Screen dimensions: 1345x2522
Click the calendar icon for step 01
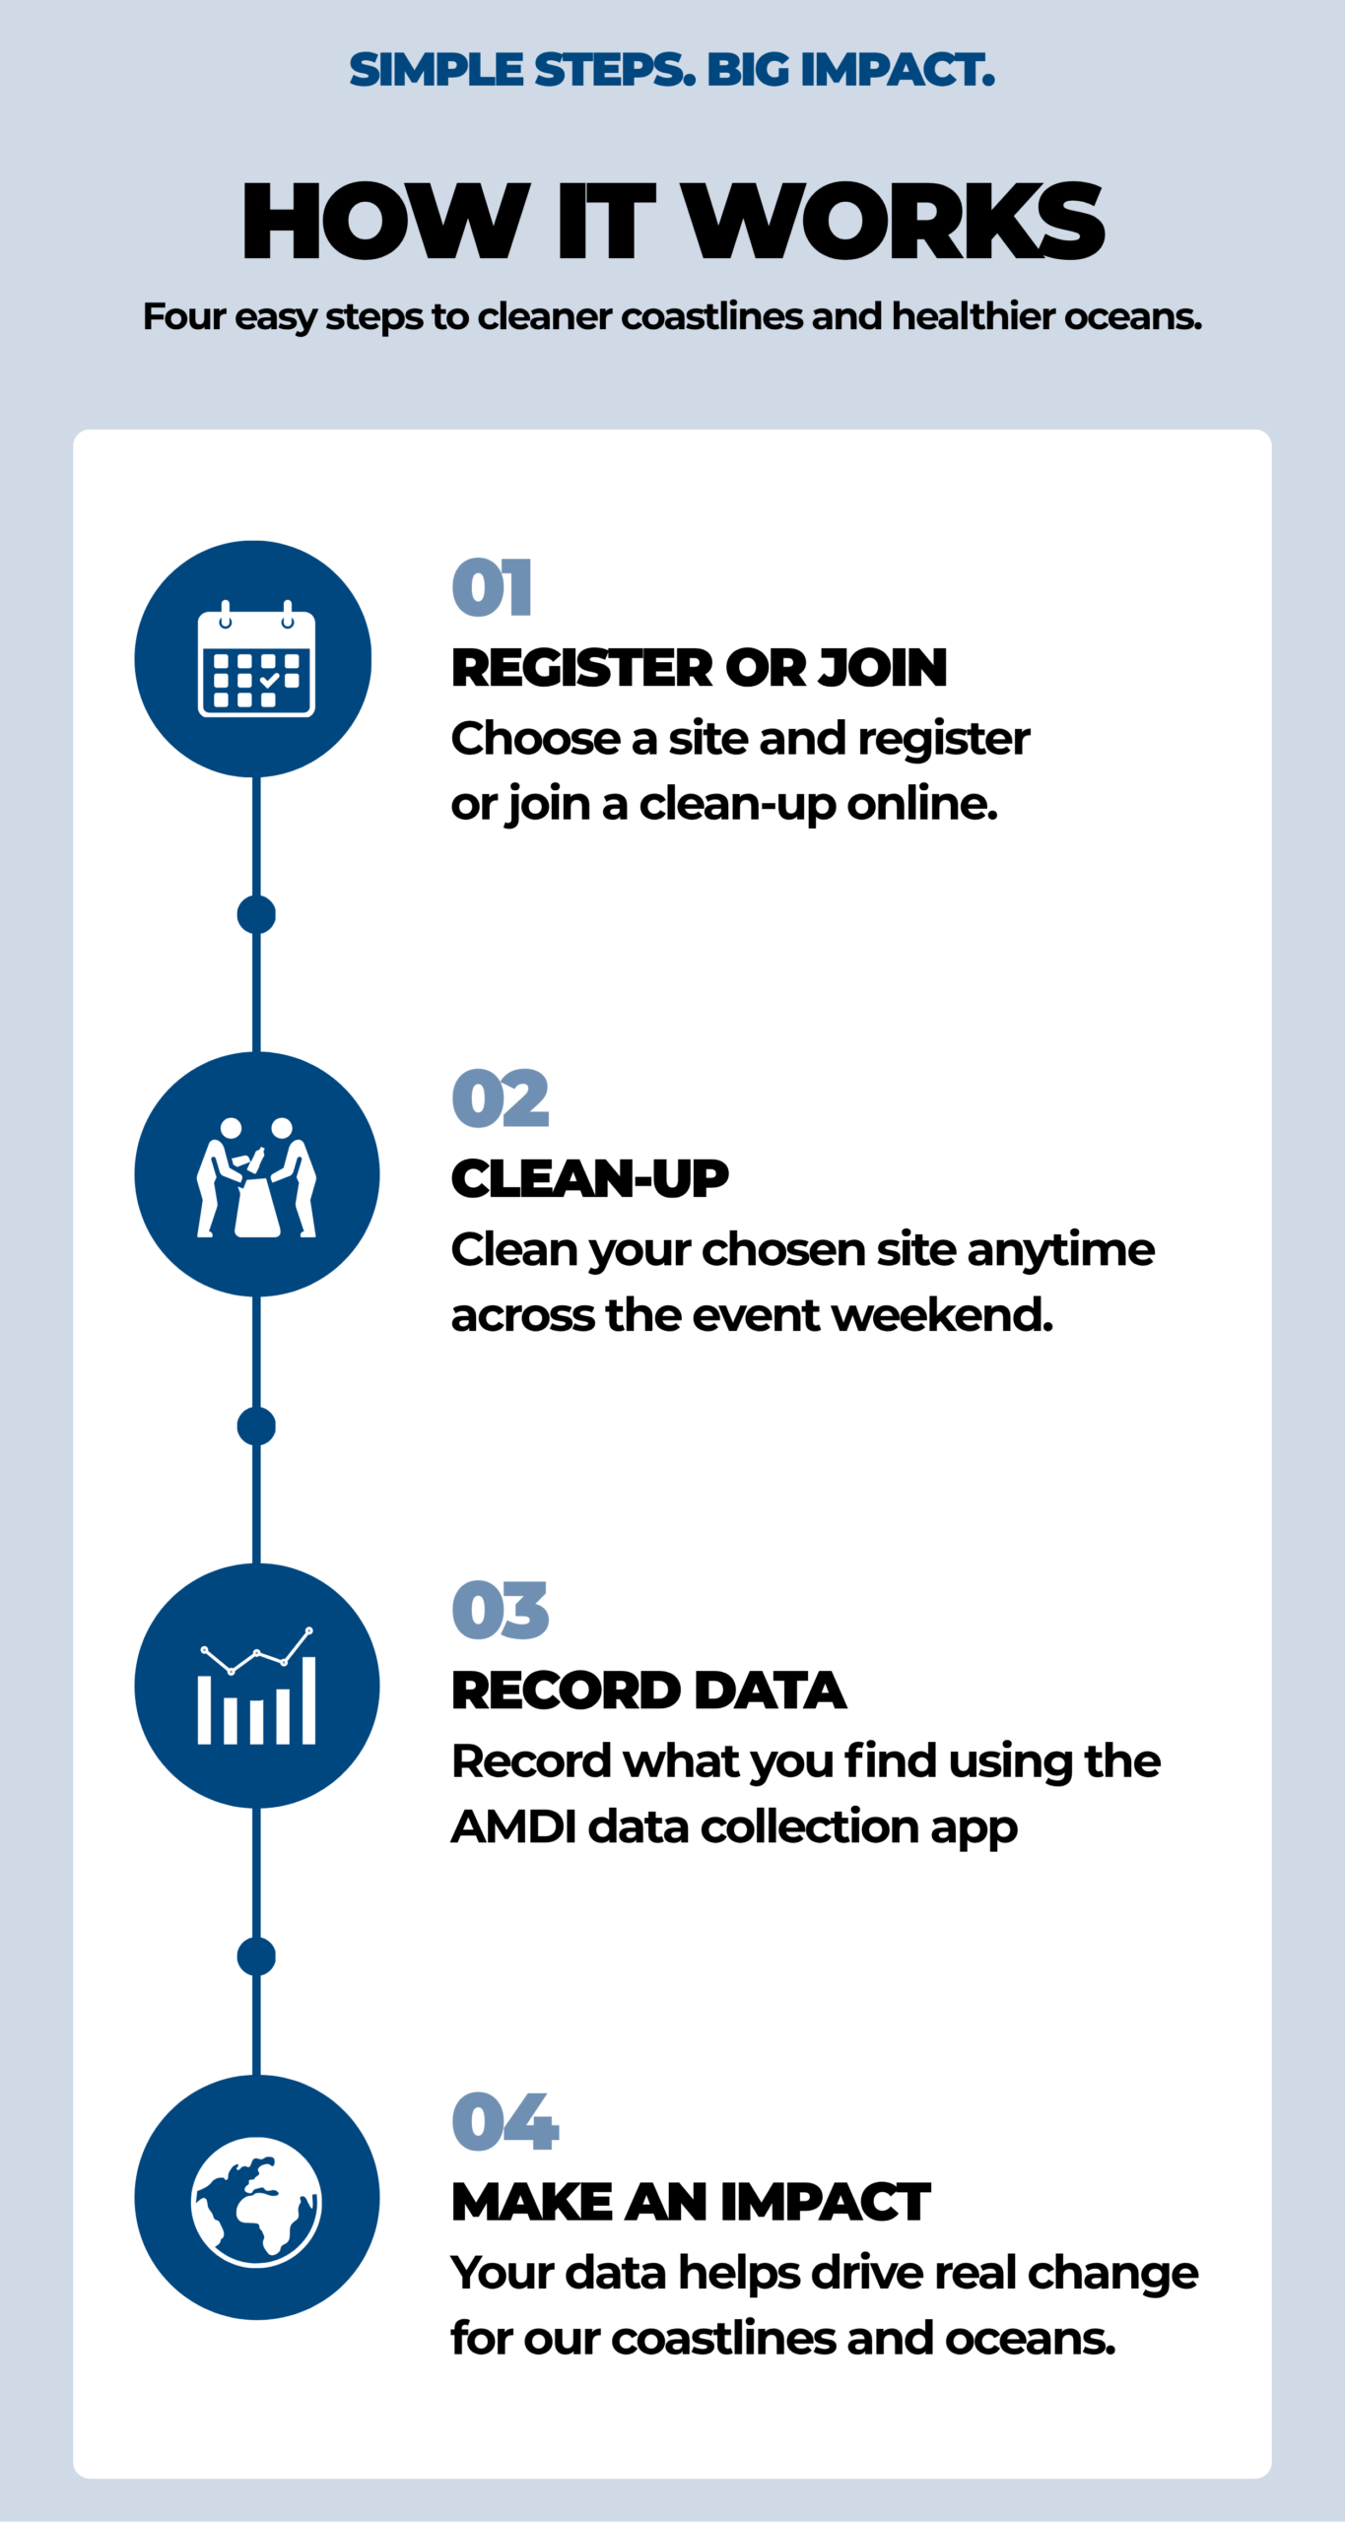pyautogui.click(x=256, y=658)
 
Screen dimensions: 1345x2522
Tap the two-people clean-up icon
pyautogui.click(x=256, y=1176)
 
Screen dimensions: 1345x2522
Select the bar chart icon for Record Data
pyautogui.click(x=256, y=1686)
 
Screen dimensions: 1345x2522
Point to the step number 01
pyautogui.click(x=492, y=587)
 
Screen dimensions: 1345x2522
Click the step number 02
pyautogui.click(x=500, y=1098)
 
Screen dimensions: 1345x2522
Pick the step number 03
pyautogui.click(x=500, y=1611)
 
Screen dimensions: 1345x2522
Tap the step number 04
pyautogui.click(x=504, y=2122)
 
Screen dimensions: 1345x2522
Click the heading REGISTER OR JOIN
pyautogui.click(x=699, y=668)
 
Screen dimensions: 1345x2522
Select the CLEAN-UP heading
pyautogui.click(x=589, y=1179)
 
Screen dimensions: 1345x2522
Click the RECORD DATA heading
pyautogui.click(x=648, y=1691)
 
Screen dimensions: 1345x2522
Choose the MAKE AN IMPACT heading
pyautogui.click(x=691, y=2202)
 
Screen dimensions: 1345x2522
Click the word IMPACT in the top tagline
pyautogui.click(x=897, y=70)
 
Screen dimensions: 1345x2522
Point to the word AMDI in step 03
pyautogui.click(x=513, y=1826)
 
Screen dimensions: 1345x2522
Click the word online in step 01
pyautogui.click(x=922, y=804)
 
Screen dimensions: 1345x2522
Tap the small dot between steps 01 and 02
pyautogui.click(x=256, y=915)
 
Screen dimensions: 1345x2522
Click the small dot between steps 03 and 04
pyautogui.click(x=256, y=1957)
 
